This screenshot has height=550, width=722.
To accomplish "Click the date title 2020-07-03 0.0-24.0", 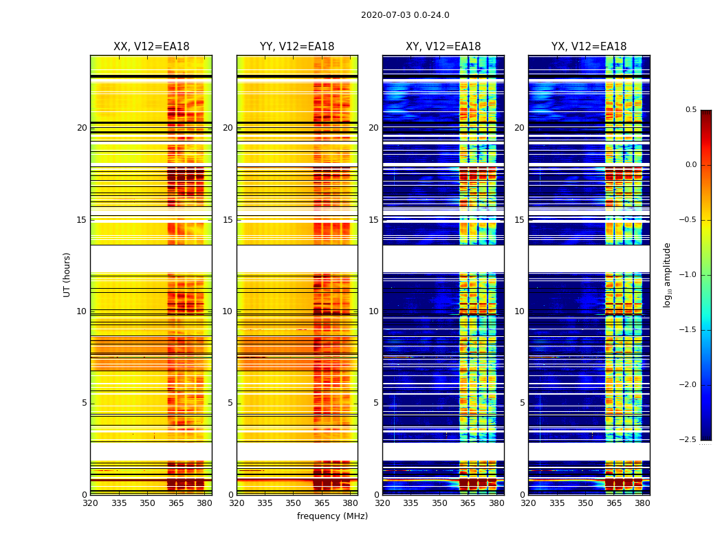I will (405, 15).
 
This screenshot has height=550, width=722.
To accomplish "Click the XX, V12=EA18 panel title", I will (151, 47).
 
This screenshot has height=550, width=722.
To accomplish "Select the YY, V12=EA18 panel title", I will (297, 47).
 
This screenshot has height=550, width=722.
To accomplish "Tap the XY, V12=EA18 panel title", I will (443, 47).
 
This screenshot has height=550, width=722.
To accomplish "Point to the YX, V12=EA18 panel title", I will (589, 47).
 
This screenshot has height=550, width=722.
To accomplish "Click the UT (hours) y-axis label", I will (67, 274).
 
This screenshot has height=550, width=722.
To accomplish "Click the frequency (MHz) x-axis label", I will (332, 516).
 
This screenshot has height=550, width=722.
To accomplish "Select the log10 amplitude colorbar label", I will (667, 275).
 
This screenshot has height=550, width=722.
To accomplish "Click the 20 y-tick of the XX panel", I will (82, 128).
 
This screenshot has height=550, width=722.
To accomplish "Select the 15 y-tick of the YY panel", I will (228, 220).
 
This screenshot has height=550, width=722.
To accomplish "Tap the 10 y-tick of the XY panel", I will (373, 311).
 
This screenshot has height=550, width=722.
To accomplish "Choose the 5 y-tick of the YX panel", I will (522, 403).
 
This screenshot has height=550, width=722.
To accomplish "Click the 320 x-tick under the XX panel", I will (90, 503).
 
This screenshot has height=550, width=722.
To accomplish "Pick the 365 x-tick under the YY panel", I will (322, 503).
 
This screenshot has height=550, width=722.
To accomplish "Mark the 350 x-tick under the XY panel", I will (439, 503).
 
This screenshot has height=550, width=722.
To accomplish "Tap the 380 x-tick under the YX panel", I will (642, 503).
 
